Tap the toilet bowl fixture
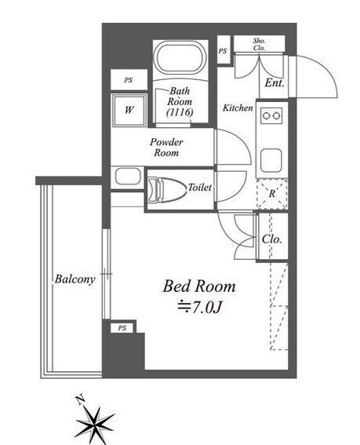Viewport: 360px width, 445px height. tap(166, 190)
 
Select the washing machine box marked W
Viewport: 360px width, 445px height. tap(129, 110)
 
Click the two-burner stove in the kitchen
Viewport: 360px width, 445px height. tap(272, 115)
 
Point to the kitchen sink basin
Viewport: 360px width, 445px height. tap(271, 160)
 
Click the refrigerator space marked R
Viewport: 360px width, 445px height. tap(272, 194)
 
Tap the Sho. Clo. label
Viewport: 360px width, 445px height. tap(260, 44)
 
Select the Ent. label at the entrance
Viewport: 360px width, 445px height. tap(275, 83)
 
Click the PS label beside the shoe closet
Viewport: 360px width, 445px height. tap(223, 51)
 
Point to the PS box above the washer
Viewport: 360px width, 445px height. tap(129, 80)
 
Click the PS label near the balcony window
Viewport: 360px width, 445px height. tap(122, 328)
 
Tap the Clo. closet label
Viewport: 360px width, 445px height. tap(272, 239)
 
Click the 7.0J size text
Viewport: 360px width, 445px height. tap(199, 307)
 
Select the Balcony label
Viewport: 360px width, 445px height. tap(75, 279)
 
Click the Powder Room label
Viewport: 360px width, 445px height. tap(166, 148)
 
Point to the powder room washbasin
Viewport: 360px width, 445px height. tap(128, 177)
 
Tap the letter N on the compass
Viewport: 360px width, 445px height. tap(81, 399)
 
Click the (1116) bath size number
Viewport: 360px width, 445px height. tap(180, 113)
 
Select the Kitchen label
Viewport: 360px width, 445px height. tap(238, 108)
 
